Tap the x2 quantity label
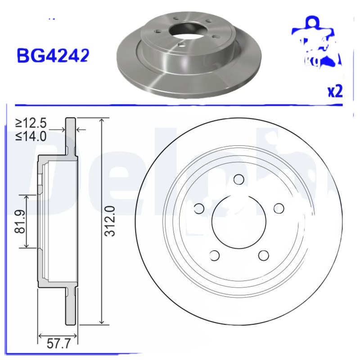pos(335,91)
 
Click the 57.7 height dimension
pos(58,345)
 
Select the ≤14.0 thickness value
pos(31,136)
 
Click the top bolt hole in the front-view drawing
pos(239,179)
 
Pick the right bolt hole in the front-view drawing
pos(279,208)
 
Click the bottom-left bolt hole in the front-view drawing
pos(215,255)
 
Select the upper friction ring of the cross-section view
pos(71,135)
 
